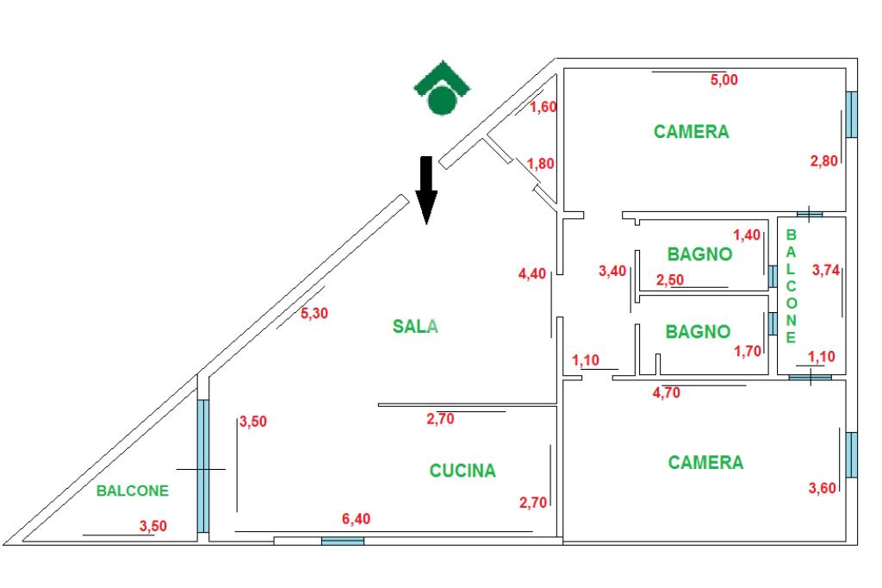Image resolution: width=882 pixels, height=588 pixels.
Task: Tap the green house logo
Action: point(442,89)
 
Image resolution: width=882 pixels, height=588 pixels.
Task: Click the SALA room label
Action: point(415,326)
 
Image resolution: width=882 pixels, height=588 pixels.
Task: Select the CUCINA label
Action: point(463,471)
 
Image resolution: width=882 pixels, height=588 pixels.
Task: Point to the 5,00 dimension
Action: point(724,80)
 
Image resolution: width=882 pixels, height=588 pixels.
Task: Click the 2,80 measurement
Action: point(823,160)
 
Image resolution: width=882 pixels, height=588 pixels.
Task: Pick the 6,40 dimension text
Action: point(357,519)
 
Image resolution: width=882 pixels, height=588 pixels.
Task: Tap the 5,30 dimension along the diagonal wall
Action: point(314,315)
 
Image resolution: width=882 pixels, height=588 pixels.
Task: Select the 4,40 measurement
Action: point(532,274)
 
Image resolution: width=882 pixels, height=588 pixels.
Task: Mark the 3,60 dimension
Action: point(823,489)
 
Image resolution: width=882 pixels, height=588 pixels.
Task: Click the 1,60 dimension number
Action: point(543,107)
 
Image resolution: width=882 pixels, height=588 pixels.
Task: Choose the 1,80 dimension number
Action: point(540,165)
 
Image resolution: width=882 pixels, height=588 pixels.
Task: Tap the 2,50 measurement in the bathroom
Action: point(671,280)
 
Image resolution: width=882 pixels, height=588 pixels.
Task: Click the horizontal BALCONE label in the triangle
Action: point(133,491)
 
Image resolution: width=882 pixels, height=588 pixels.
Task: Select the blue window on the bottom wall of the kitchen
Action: point(342,541)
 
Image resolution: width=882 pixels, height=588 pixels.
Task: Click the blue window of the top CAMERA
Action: point(851,114)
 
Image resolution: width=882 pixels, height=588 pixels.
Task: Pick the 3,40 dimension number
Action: point(612,272)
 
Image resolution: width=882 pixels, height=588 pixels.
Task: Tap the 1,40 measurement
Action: point(748,235)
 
